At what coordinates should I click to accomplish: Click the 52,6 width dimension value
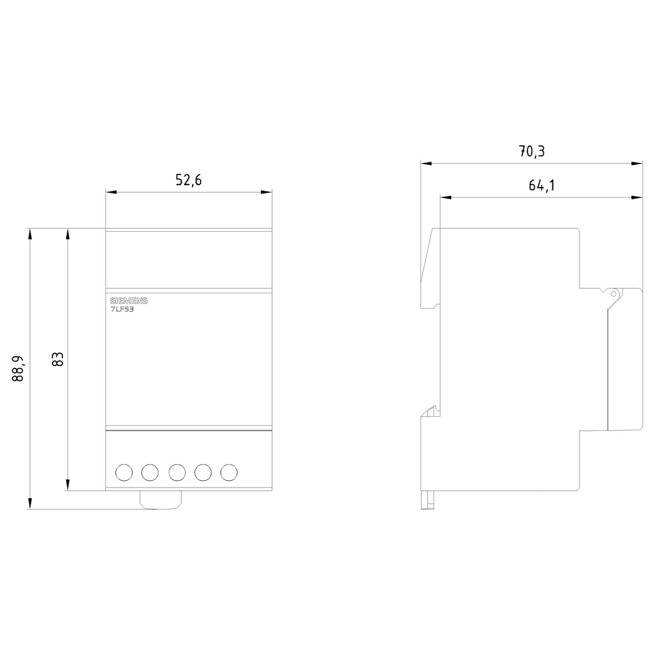coord(188,180)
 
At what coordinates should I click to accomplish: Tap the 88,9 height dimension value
coord(18,369)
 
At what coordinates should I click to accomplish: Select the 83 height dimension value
coord(58,360)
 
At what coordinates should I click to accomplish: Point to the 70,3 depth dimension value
coord(532,151)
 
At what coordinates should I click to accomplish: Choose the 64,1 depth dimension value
coord(542,186)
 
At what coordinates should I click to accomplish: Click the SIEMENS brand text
coord(129,301)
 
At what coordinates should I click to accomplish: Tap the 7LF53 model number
coord(122,309)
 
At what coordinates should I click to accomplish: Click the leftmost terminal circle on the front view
coord(124,472)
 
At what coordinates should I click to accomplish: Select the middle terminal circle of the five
coord(177,472)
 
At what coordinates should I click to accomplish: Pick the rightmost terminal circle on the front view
coord(229,472)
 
